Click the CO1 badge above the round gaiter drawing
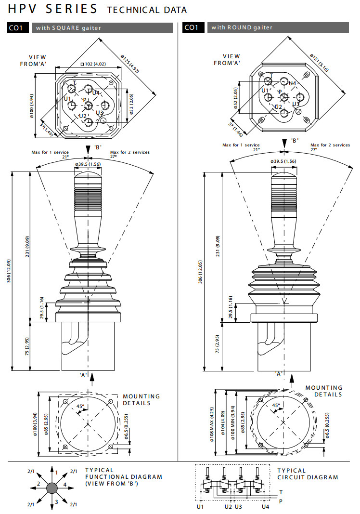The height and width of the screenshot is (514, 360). (x=191, y=27)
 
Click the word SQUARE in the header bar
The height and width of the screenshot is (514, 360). (x=70, y=28)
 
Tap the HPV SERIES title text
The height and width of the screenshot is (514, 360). (x=52, y=9)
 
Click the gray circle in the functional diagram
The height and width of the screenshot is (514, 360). (x=51, y=488)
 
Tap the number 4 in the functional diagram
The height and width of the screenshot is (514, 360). (x=64, y=484)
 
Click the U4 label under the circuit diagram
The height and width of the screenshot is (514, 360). (x=265, y=507)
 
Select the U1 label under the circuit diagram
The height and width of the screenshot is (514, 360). (x=200, y=507)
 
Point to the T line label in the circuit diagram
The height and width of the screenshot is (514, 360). (x=281, y=492)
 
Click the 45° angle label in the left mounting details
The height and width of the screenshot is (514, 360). (x=80, y=407)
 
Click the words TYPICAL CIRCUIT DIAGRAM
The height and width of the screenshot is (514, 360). (x=308, y=474)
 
